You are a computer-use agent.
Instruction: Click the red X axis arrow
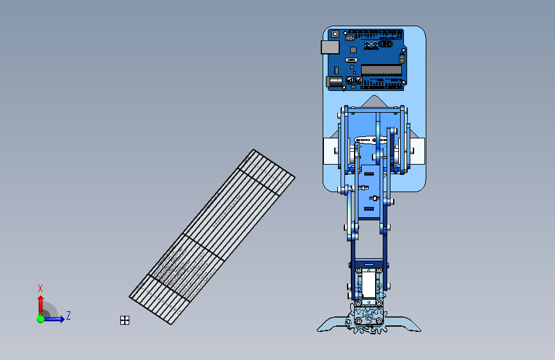(40, 304)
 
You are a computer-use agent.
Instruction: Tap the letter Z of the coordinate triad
(68, 315)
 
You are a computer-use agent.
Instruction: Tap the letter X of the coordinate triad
(40, 288)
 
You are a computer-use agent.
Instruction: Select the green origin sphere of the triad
(40, 319)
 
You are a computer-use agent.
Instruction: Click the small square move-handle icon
(125, 320)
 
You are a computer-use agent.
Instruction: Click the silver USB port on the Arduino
(329, 47)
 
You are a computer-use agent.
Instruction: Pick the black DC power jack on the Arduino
(334, 81)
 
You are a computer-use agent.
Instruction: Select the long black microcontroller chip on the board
(381, 69)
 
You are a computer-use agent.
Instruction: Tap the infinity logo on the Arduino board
(372, 44)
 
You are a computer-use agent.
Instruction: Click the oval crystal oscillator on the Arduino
(351, 60)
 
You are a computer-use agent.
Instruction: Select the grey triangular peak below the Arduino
(373, 101)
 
